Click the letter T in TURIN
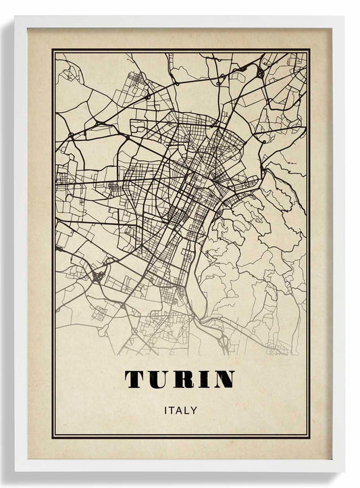point(134,380)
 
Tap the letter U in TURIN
point(158,380)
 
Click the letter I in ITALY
point(164,410)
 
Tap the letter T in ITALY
point(170,410)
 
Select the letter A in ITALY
point(178,410)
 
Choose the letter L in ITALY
point(186,410)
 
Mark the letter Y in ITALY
point(194,410)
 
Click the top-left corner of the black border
point(53,49)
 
